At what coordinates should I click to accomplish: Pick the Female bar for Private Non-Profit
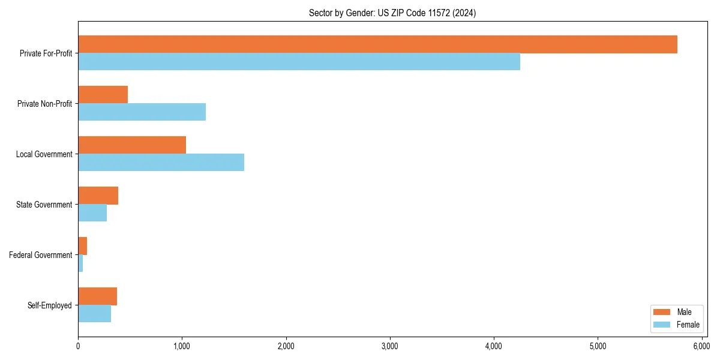[x=142, y=112]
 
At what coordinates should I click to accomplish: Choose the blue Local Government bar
[x=161, y=163]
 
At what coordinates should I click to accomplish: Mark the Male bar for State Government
[x=98, y=196]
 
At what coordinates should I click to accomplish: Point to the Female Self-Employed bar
[x=94, y=314]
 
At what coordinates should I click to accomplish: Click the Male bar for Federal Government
[x=82, y=246]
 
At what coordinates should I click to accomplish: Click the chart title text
[x=392, y=13]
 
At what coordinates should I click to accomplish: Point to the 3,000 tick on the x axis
[x=390, y=346]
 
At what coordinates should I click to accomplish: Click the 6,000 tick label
[x=701, y=346]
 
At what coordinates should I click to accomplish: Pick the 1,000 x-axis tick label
[x=182, y=346]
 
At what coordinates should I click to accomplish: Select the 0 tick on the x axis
[x=78, y=346]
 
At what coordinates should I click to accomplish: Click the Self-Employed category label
[x=50, y=305]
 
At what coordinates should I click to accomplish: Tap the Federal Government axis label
[x=41, y=255]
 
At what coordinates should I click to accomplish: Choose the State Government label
[x=44, y=205]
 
